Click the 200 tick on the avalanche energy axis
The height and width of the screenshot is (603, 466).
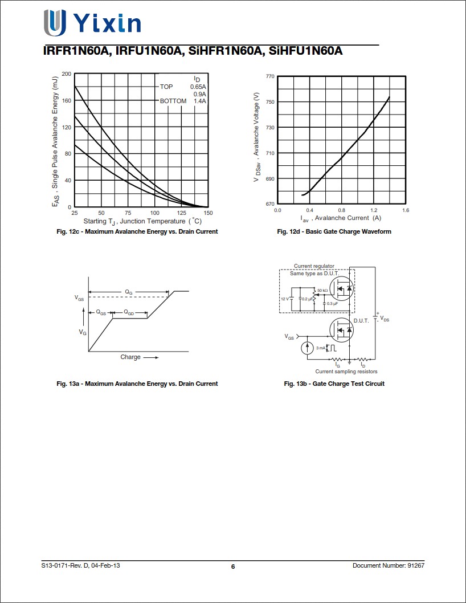point(66,74)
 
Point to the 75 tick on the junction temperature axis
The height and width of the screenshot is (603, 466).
point(128,213)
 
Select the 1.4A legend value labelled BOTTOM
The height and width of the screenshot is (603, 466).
point(199,101)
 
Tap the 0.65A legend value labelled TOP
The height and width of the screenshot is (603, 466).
point(198,87)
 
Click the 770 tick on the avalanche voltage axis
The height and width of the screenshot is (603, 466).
point(270,76)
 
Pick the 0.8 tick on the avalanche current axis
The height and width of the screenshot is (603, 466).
point(342,210)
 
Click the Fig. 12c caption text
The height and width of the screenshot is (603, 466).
point(137,231)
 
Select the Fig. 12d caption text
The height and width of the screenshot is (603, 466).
point(334,231)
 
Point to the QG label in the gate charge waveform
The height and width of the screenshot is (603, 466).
point(129,292)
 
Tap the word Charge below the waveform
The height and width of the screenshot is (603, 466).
point(130,357)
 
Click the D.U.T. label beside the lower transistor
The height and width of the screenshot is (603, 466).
point(361,321)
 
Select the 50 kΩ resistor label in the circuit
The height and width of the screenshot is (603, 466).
point(322,290)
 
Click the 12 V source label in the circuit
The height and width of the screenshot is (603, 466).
point(284,299)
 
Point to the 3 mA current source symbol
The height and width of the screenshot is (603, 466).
point(306,348)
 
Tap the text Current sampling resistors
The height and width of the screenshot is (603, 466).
point(346,372)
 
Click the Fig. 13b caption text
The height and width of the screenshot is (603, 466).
point(334,384)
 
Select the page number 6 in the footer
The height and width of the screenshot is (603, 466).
point(233,567)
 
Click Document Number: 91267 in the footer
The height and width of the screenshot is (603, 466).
point(389,565)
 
